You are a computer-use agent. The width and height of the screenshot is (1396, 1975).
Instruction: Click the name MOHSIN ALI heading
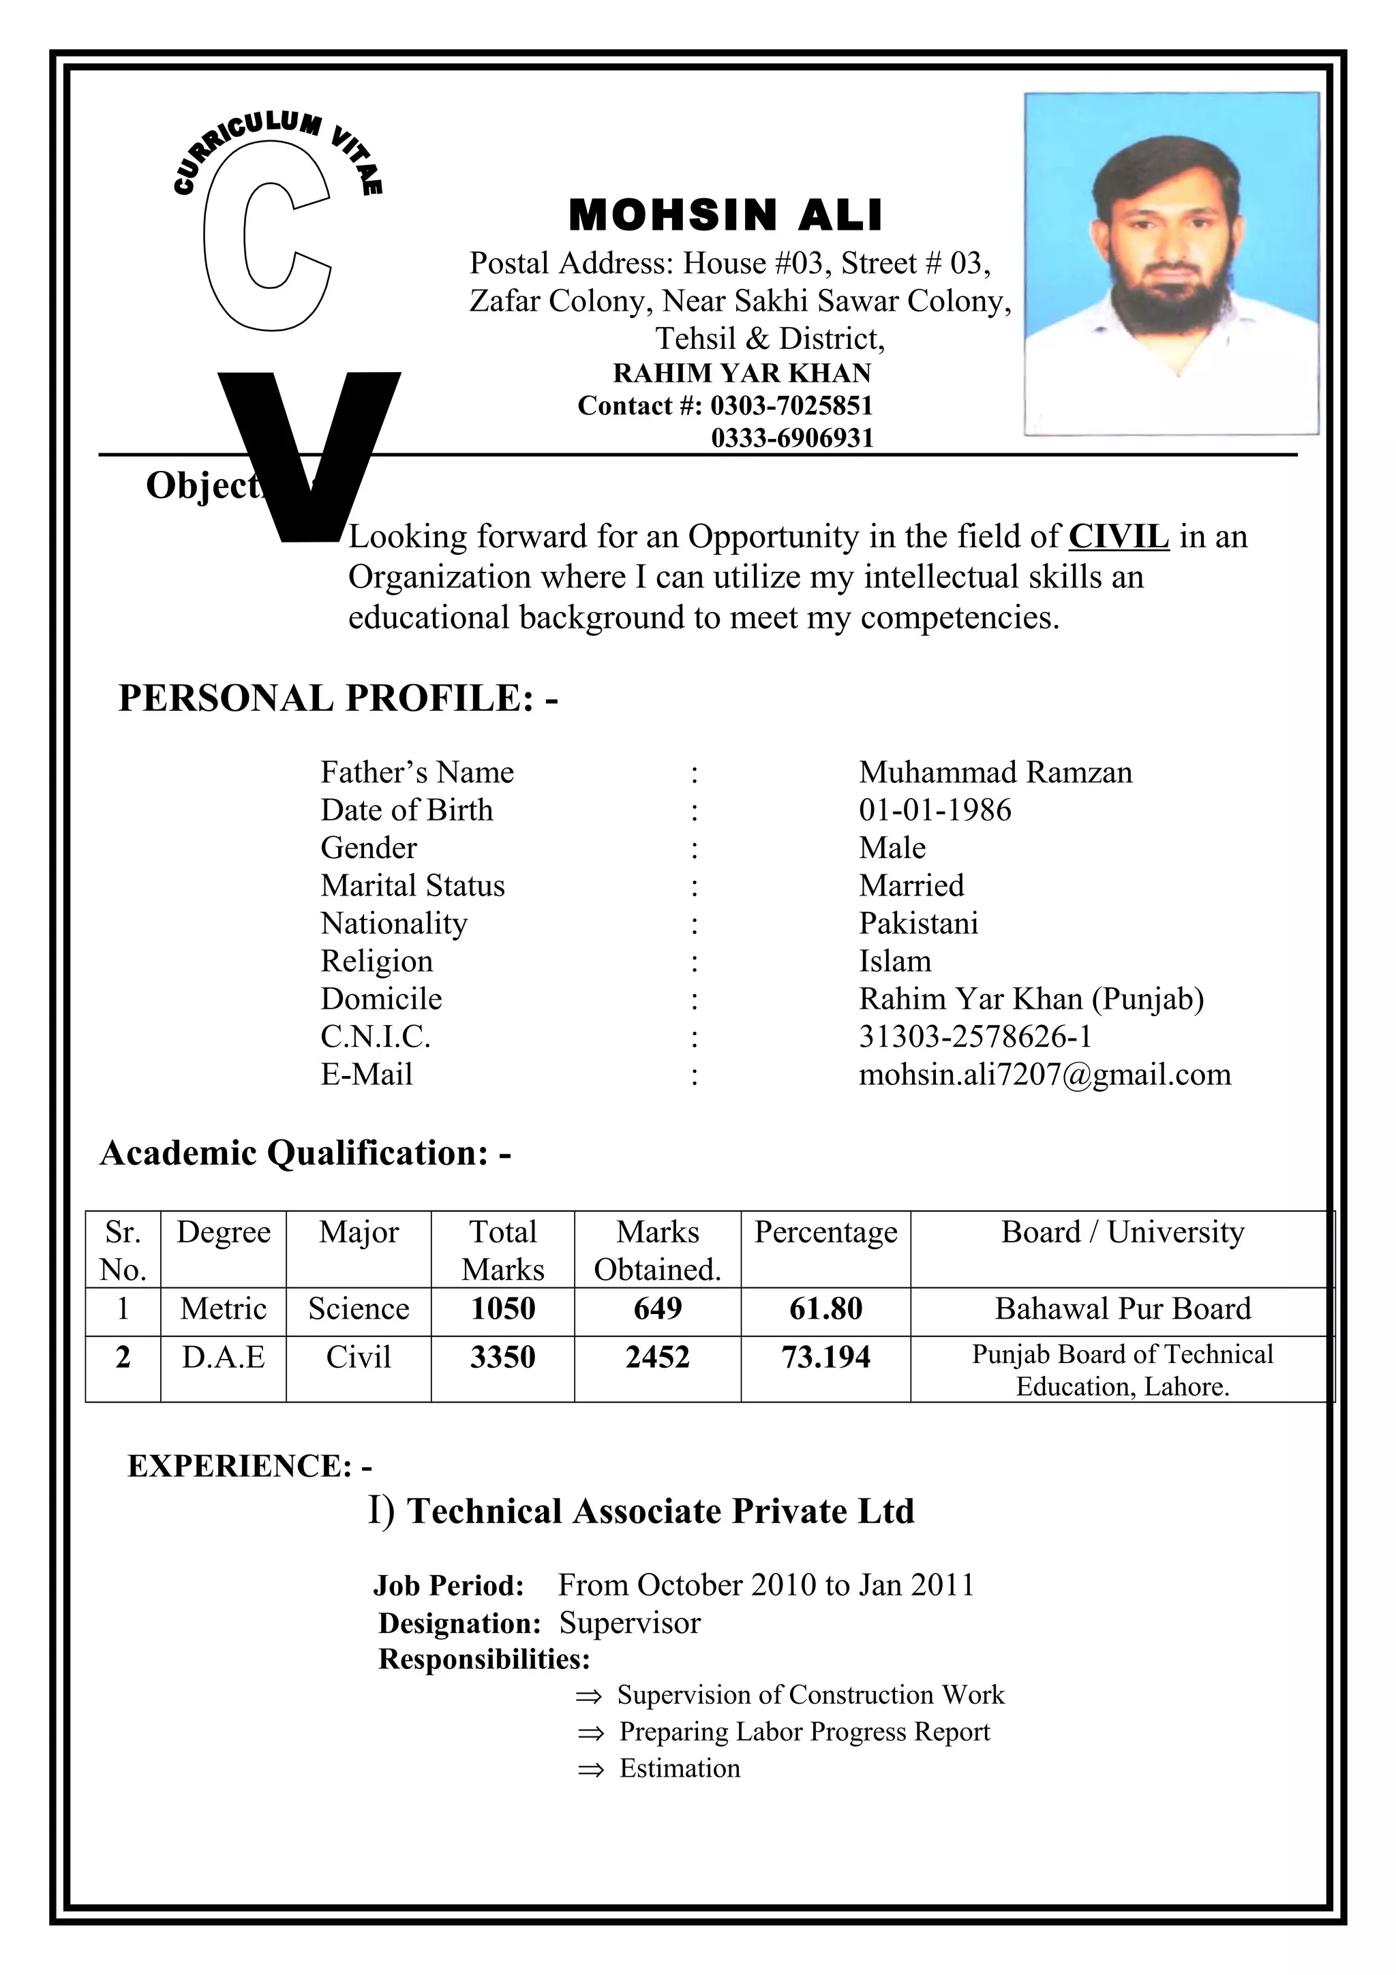point(725,215)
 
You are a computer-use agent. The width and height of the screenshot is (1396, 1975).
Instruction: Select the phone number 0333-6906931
point(791,439)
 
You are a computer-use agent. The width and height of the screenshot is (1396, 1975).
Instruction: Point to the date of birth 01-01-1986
point(935,810)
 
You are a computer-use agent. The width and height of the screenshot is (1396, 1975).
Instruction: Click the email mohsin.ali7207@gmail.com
point(1044,1073)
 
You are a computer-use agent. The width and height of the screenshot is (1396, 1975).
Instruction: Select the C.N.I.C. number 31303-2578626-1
point(975,1036)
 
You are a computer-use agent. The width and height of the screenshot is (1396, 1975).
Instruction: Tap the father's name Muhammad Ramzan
point(995,771)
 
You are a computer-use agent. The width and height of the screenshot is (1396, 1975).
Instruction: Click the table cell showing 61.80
point(825,1308)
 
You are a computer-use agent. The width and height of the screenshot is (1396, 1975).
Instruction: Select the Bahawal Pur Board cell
point(1123,1308)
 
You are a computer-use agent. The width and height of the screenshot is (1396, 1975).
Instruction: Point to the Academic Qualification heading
point(305,1152)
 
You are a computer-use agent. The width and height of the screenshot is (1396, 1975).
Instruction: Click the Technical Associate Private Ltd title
point(660,1512)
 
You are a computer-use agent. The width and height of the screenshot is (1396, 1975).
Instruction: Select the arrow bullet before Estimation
point(590,1769)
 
